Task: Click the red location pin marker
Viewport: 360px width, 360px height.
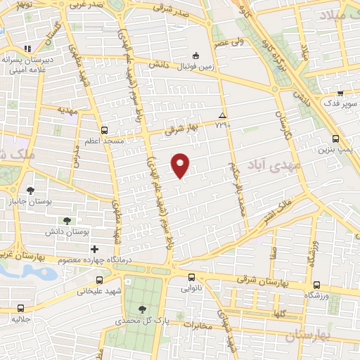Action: tap(181, 165)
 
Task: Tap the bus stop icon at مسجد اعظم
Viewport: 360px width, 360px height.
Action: tap(105, 130)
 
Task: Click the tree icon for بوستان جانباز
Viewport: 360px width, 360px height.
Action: tap(30, 190)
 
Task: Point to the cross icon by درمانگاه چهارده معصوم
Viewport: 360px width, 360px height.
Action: tap(94, 249)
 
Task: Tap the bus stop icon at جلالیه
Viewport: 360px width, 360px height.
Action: tap(20, 308)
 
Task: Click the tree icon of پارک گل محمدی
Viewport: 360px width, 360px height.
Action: tap(143, 309)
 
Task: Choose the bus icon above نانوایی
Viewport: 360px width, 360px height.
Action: tap(191, 276)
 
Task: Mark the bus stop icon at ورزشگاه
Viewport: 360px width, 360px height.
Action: tap(316, 285)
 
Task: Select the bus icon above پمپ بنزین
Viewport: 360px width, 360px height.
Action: tap(335, 139)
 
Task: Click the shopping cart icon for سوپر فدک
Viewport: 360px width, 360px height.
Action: tap(340, 93)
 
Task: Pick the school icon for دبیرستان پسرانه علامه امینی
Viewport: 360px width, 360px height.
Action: tap(28, 49)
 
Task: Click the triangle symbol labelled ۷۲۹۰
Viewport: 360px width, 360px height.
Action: tap(223, 115)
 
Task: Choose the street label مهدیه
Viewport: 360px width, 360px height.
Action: tap(67, 112)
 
